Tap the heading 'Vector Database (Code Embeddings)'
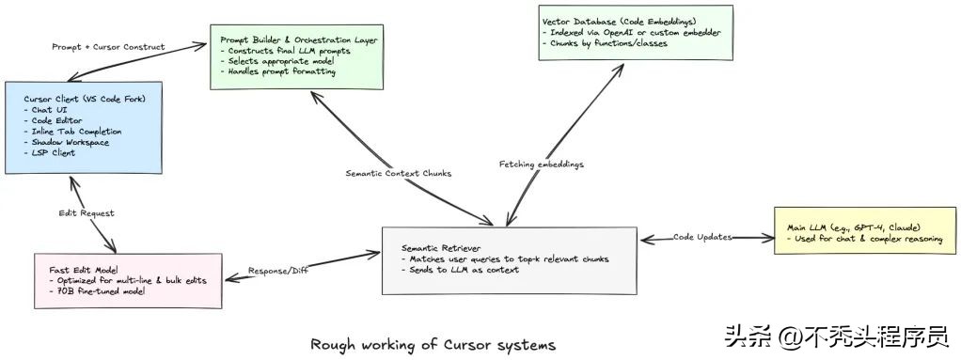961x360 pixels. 619,20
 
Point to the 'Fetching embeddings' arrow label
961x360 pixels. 541,164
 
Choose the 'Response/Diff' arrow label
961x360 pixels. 279,273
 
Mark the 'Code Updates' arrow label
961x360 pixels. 701,237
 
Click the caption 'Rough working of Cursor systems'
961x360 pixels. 433,345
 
